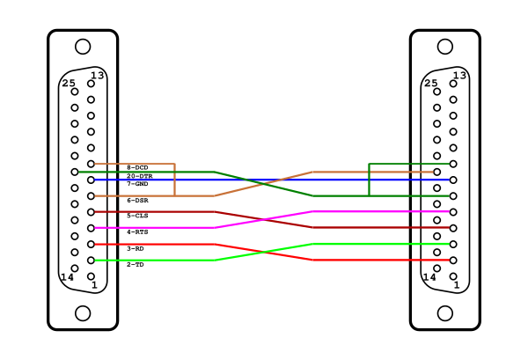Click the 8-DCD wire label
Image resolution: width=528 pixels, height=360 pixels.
(137, 167)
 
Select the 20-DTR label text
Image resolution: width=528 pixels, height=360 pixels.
(139, 176)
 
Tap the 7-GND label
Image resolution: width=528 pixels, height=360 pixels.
(137, 184)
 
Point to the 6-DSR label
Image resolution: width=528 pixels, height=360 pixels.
(137, 201)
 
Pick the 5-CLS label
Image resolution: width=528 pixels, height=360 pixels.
(137, 216)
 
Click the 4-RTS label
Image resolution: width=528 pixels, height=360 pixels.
(137, 232)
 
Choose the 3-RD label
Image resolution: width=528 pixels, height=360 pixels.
(136, 248)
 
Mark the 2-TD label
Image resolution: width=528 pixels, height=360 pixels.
(136, 265)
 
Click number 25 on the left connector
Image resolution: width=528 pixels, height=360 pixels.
(69, 83)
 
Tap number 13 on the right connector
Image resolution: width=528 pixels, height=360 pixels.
(459, 75)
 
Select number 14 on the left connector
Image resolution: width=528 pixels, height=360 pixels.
(67, 277)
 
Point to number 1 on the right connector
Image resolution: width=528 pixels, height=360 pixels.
(457, 285)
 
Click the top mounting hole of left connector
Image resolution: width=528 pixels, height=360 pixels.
(83, 47)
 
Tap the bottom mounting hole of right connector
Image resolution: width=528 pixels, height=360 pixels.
(445, 313)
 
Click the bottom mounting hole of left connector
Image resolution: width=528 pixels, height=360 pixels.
(83, 313)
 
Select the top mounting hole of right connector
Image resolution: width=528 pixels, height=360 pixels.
(445, 47)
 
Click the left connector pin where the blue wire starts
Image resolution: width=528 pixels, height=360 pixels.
(91, 180)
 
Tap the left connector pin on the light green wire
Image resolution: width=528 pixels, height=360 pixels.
(91, 261)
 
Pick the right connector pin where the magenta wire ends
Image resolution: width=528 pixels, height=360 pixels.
(453, 212)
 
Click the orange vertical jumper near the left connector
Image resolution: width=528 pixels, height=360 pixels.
(174, 180)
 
